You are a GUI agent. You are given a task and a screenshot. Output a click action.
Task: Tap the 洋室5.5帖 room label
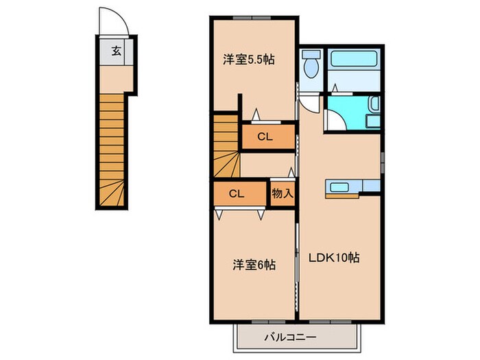(248, 60)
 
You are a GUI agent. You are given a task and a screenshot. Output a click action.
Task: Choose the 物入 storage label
(282, 193)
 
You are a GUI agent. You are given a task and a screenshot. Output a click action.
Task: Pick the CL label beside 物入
(237, 193)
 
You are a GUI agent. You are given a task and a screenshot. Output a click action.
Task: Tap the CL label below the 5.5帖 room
(265, 136)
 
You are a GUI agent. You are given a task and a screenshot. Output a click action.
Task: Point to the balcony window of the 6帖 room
(261, 321)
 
